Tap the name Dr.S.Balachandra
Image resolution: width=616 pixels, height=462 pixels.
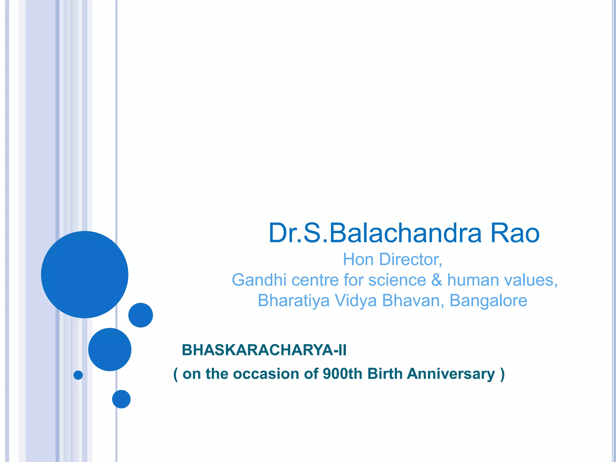pyautogui.click(x=375, y=233)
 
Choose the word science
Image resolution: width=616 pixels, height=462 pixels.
pyautogui.click(x=397, y=280)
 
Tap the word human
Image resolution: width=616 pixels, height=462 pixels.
pyautogui.click(x=473, y=280)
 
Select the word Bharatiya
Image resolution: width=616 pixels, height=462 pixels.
pyautogui.click(x=294, y=300)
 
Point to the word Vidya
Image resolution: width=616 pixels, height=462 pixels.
pyautogui.click(x=356, y=300)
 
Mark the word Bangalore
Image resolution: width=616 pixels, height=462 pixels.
pyautogui.click(x=488, y=300)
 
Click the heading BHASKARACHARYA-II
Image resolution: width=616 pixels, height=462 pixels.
pyautogui.click(x=264, y=350)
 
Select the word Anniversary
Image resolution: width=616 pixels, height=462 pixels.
pyautogui.click(x=451, y=374)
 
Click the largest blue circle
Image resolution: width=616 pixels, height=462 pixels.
pyautogui.click(x=85, y=275)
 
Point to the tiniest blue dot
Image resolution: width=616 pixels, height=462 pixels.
pyautogui.click(x=78, y=375)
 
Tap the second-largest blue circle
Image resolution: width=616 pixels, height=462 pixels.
pyautogui.click(x=110, y=350)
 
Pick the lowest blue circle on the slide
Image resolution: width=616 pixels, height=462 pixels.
pyautogui.click(x=121, y=399)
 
